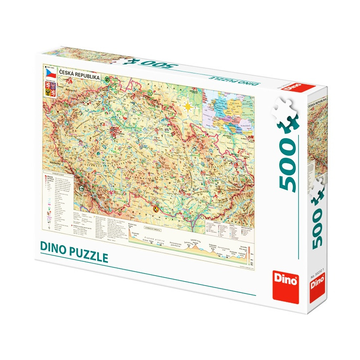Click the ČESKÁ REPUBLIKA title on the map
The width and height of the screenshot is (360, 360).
(79, 77)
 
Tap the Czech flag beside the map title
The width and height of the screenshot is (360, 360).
(50, 72)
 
